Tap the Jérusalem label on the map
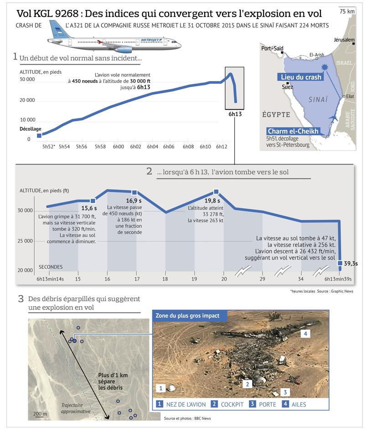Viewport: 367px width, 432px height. point(344,40)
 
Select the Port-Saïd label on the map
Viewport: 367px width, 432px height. point(272,48)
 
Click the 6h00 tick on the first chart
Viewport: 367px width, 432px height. point(118,147)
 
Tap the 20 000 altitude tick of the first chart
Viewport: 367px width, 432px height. point(28,100)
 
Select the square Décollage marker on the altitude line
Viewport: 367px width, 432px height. point(39,135)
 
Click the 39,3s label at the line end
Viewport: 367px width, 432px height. point(350,263)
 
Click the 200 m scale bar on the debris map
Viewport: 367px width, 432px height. point(40,414)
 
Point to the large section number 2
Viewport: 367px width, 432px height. point(149,172)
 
